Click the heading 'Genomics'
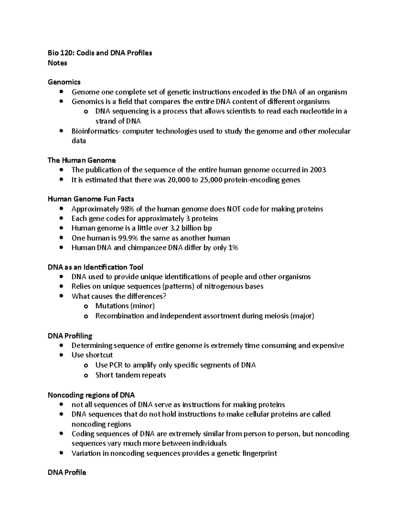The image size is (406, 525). coord(64,82)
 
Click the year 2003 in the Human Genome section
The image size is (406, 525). coord(318,170)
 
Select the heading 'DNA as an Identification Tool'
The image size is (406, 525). coord(95,267)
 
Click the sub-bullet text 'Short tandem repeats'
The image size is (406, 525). coord(131,375)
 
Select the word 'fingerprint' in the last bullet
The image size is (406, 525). coord(260,453)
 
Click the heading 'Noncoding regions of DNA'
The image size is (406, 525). coord(91,395)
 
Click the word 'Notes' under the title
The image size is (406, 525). coord(58,63)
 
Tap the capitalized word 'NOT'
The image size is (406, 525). coord(234,209)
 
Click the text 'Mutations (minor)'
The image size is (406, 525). coord(125,306)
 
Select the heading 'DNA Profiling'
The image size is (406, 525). coord(70,336)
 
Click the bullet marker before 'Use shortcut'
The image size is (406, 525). coord(61,355)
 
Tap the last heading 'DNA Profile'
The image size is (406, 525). coord(67,472)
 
